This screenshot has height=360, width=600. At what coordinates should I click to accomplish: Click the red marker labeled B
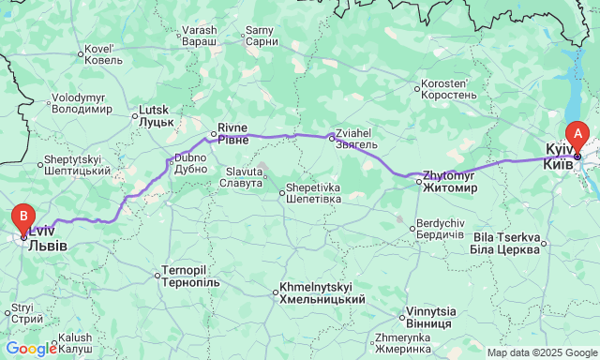(x=23, y=219)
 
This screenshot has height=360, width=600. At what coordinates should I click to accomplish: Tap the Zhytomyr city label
(x=449, y=181)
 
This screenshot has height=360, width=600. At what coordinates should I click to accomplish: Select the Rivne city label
(x=233, y=133)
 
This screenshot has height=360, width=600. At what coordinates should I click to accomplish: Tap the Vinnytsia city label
(x=431, y=317)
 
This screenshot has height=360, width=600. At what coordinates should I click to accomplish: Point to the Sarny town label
(x=260, y=36)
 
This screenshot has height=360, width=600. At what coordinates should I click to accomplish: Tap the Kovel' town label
(x=103, y=54)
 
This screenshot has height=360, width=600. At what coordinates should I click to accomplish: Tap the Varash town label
(x=200, y=36)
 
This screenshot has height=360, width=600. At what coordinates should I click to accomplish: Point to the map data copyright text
(x=542, y=352)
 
